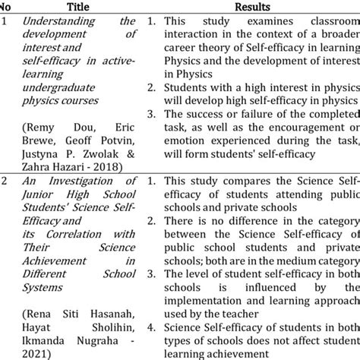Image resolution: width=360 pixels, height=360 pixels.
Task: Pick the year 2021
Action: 35,353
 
